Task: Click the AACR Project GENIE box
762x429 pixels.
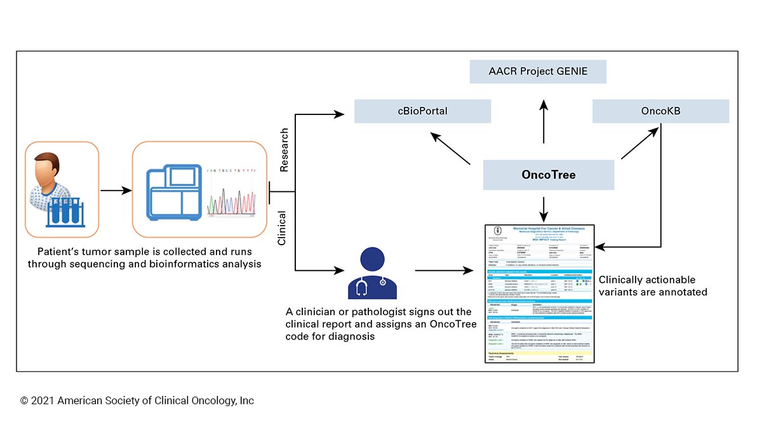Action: [x=538, y=71]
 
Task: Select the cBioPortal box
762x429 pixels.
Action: [x=422, y=111]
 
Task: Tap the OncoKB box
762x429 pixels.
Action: [x=660, y=111]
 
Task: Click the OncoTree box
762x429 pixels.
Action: [x=549, y=175]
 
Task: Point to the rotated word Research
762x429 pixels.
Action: [x=283, y=150]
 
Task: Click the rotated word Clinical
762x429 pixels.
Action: [x=283, y=228]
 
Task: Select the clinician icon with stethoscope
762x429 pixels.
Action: [x=371, y=273]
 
